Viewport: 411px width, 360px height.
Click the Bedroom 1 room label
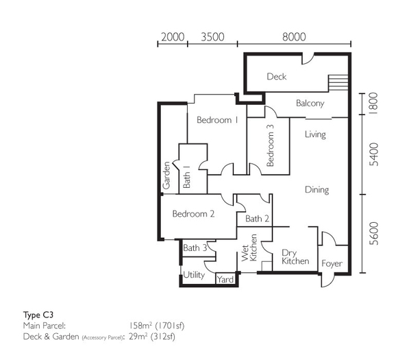point(217,120)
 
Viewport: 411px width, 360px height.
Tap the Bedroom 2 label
point(193,214)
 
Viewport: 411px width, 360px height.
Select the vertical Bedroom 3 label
point(270,145)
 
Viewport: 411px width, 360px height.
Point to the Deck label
point(277,76)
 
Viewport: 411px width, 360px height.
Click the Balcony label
point(310,103)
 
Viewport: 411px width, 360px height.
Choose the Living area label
point(315,134)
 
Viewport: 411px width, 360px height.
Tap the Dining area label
point(317,190)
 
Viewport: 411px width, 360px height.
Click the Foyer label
point(332,263)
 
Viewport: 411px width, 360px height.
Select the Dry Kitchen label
point(295,257)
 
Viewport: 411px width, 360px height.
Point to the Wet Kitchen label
point(249,248)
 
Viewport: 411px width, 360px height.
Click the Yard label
point(225,280)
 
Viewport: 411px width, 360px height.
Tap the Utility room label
point(194,275)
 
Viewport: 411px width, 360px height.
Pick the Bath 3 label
point(195,248)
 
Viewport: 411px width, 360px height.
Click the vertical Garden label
point(166,176)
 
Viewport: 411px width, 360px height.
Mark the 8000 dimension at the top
point(294,37)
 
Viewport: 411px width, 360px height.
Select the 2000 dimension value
point(173,37)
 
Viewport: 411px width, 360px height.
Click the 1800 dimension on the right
point(373,103)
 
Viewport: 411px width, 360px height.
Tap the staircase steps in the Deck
point(338,83)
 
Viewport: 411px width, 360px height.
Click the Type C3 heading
point(38,315)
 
